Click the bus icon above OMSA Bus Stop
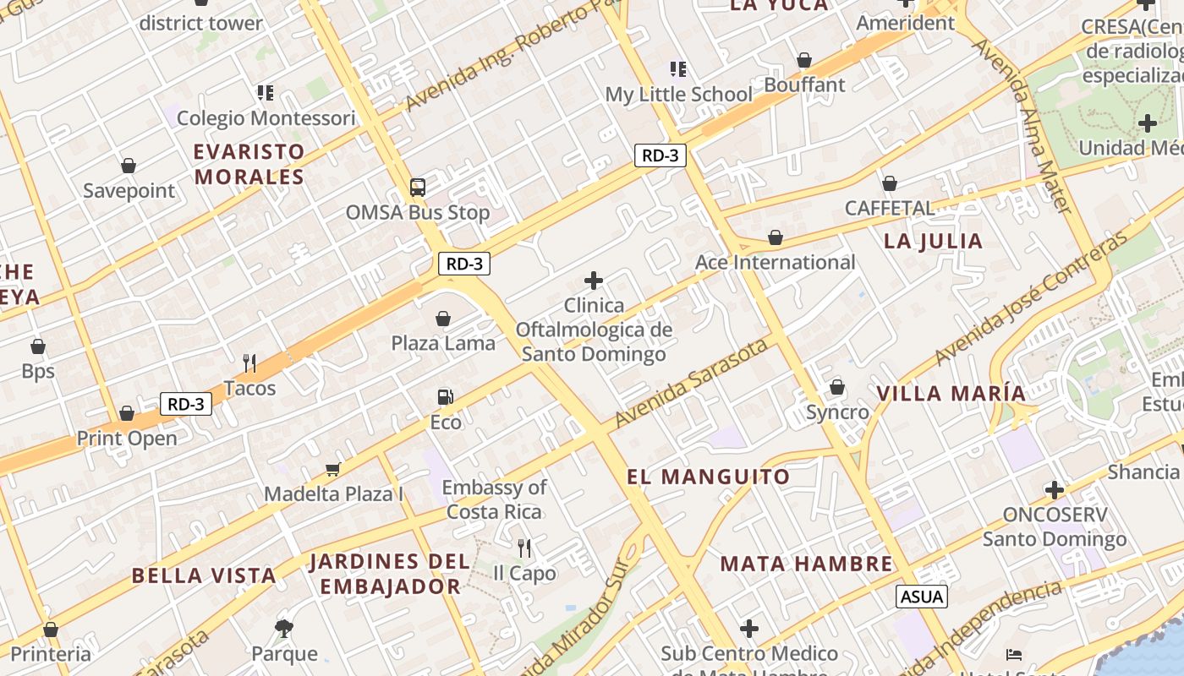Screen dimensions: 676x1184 [417, 187]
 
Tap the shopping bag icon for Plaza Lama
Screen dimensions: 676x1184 [442, 319]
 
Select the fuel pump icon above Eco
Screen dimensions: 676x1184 [445, 396]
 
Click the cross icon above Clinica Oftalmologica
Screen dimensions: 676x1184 [594, 281]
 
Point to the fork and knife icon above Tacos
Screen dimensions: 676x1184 [249, 363]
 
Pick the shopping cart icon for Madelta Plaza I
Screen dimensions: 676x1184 [333, 469]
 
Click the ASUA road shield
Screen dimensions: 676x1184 [922, 597]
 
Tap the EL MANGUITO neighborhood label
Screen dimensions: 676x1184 [709, 477]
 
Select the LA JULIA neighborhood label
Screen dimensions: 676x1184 [934, 241]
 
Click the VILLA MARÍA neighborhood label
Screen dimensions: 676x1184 [951, 393]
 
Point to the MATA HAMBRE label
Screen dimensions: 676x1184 [807, 564]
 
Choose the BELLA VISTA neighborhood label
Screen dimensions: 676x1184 [204, 576]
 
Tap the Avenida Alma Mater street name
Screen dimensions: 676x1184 [1024, 127]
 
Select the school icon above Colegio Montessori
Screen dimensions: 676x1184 [266, 92]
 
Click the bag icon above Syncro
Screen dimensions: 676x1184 [837, 387]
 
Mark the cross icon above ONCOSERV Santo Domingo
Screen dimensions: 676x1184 [1054, 489]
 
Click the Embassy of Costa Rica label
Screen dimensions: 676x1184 [495, 499]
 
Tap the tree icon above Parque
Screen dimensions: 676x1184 [284, 628]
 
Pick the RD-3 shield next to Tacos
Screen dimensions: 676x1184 [186, 404]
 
